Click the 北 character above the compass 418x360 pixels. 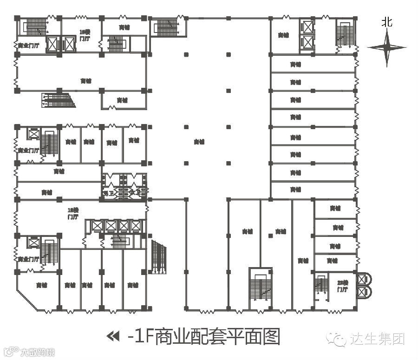click(x=387, y=22)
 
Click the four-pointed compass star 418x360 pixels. click(x=387, y=47)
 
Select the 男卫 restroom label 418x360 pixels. click(x=108, y=192)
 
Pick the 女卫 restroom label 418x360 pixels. click(x=135, y=192)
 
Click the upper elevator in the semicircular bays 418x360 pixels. click(x=362, y=280)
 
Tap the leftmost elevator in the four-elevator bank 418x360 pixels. click(x=97, y=226)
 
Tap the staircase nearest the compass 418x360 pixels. click(x=343, y=33)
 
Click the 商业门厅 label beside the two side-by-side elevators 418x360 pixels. click(x=28, y=46)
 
